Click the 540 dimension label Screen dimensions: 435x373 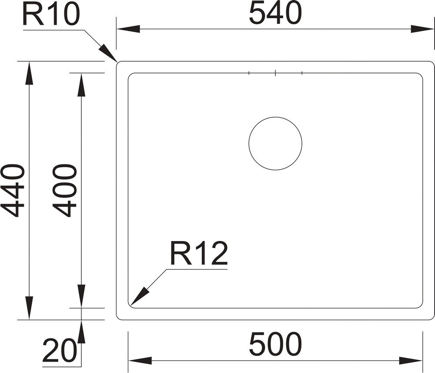pos(275,13)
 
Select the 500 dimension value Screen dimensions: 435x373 pos(275,344)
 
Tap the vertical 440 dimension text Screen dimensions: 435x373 pos(13,191)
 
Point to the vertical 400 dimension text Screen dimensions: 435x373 pos(64,191)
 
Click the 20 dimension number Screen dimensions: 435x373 pos(59,351)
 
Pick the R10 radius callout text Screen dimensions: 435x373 pos(51,14)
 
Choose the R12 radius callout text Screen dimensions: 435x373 pos(199,253)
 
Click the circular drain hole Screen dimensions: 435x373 pos(275,143)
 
